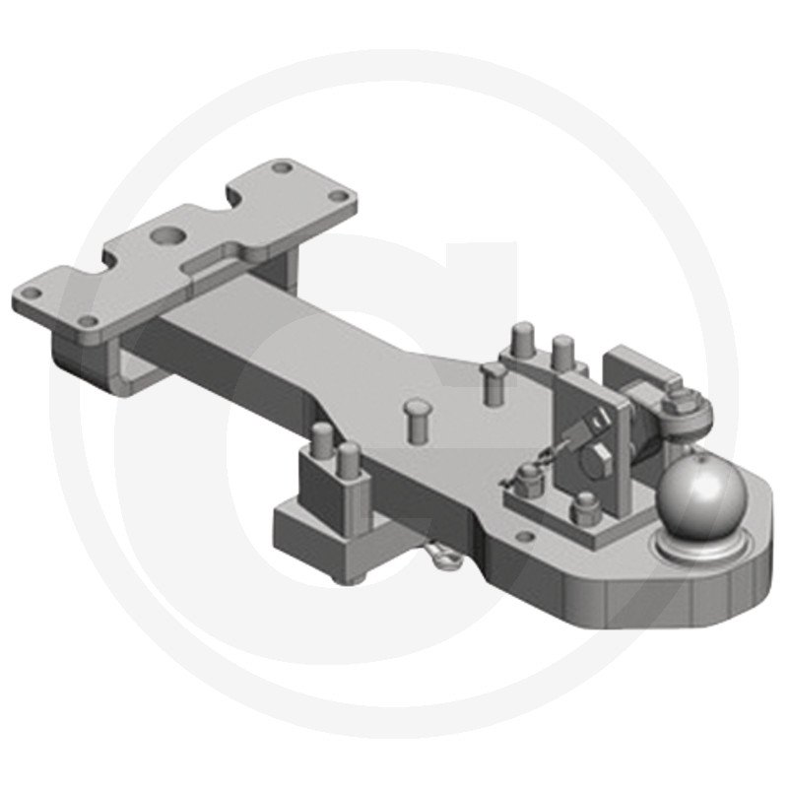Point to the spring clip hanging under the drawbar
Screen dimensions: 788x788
[x=442, y=558]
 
